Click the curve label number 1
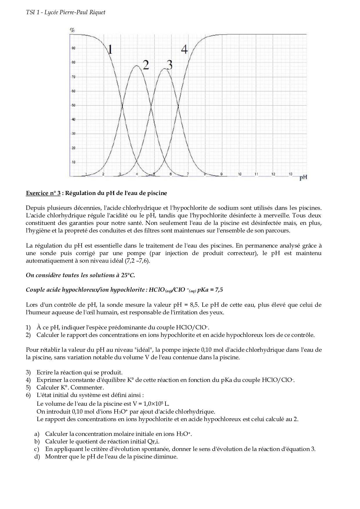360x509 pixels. [x=110, y=49]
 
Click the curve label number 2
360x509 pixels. [x=145, y=65]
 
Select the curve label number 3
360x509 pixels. [x=169, y=65]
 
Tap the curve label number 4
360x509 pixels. [x=184, y=49]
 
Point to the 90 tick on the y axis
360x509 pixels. [x=73, y=48]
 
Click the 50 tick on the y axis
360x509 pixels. [x=73, y=105]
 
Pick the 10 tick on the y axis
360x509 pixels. [x=73, y=162]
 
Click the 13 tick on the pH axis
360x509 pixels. [x=290, y=174]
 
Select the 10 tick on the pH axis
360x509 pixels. [x=240, y=174]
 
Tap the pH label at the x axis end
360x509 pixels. [x=303, y=178]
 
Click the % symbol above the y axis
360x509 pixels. [x=72, y=30]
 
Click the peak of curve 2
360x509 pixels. [x=136, y=66]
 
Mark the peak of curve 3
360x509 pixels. [x=164, y=68]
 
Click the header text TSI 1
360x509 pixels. [x=32, y=12]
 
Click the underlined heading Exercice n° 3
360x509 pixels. [x=43, y=193]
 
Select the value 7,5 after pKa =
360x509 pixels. [x=219, y=290]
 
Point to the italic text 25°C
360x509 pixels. [x=128, y=275]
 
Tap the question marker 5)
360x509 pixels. [x=28, y=387]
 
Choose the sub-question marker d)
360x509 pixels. [x=37, y=456]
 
